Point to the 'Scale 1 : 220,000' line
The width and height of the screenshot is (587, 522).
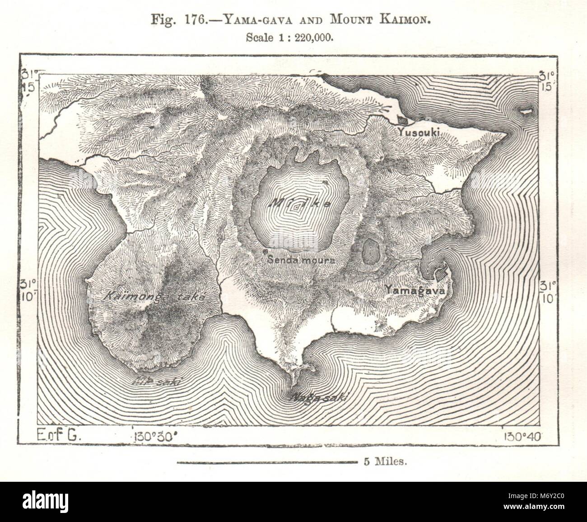pyautogui.click(x=289, y=38)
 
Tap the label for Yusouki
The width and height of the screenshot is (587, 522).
pyautogui.click(x=419, y=131)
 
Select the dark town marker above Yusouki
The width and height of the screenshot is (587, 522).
pyautogui.click(x=401, y=120)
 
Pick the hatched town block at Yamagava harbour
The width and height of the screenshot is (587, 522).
pyautogui.click(x=438, y=273)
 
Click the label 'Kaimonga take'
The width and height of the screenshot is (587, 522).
pyautogui.click(x=154, y=297)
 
